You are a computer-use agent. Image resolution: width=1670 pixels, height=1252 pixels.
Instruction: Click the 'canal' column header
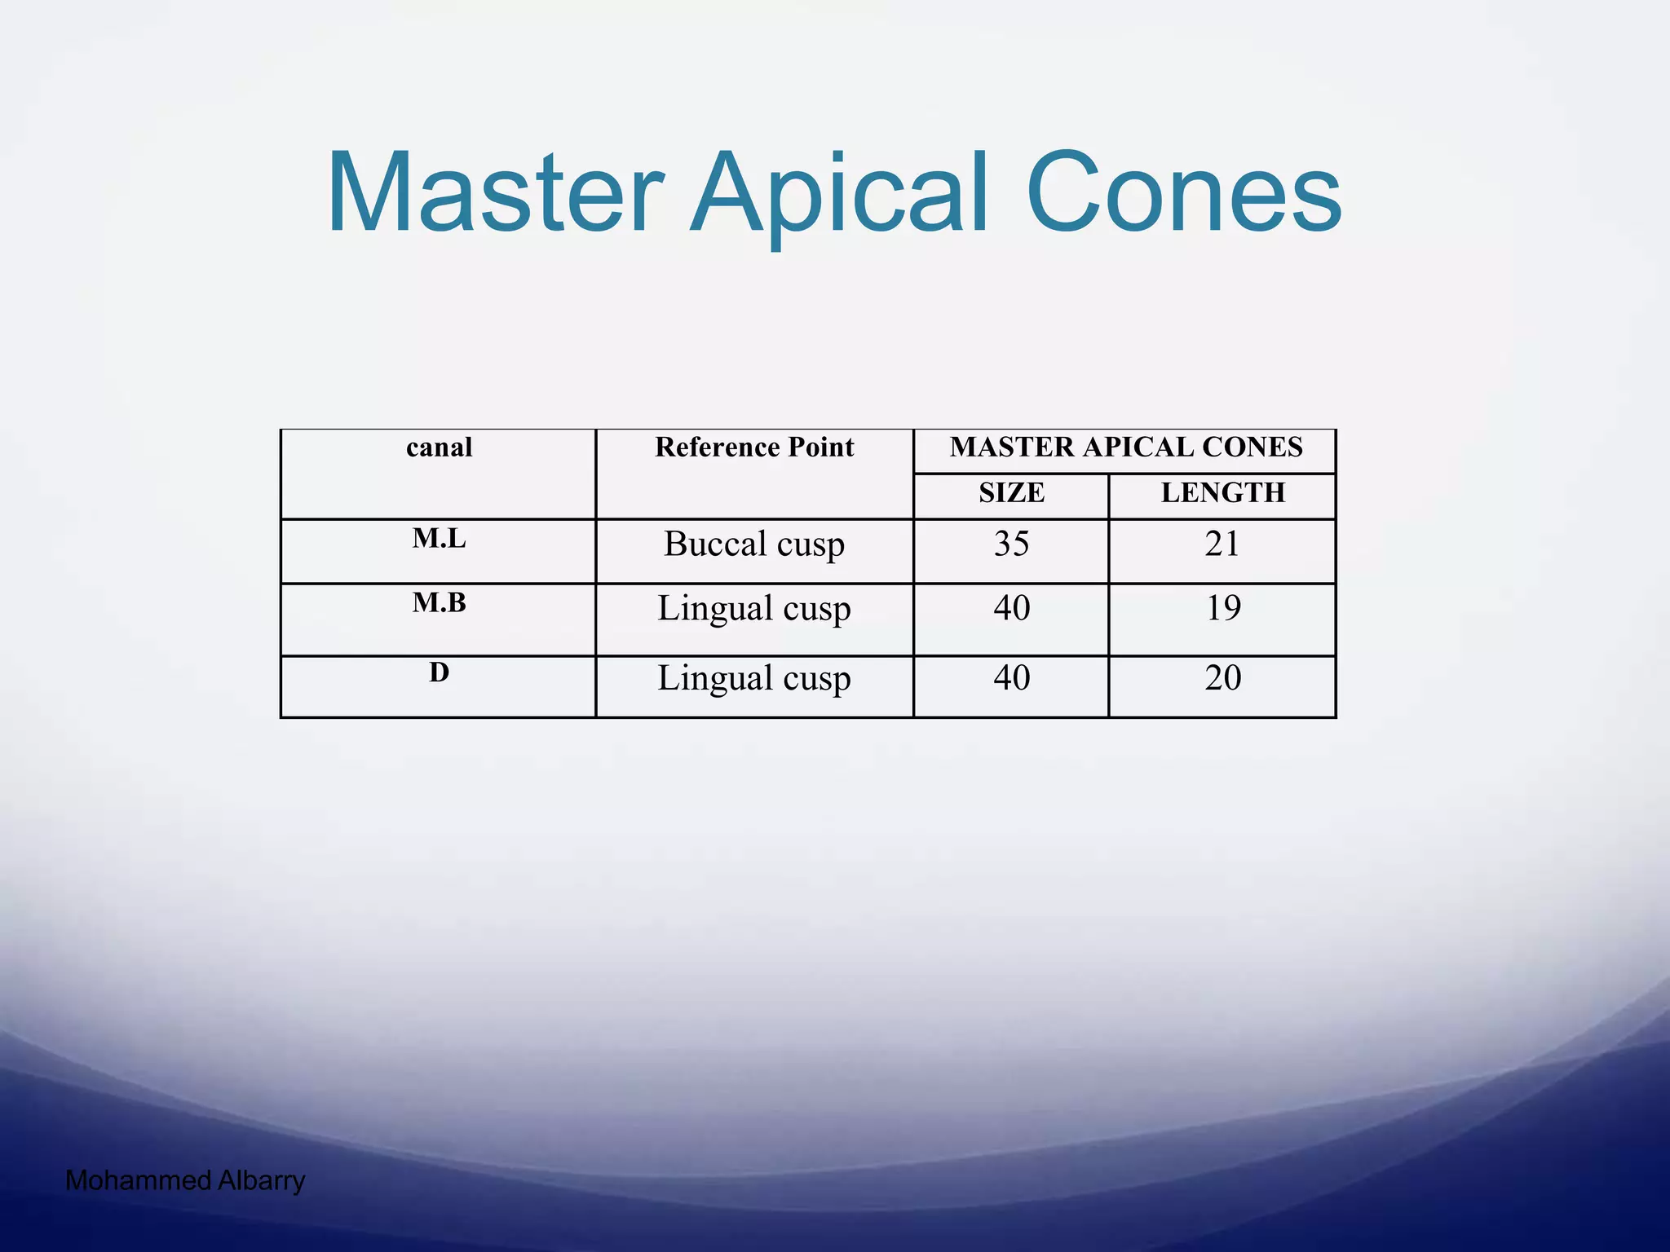point(439,447)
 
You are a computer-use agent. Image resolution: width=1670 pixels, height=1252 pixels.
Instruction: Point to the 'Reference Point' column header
point(754,447)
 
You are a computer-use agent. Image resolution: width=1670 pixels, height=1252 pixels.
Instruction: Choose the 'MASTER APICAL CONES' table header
point(1125,447)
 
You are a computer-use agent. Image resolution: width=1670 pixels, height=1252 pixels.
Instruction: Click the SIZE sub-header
point(1011,493)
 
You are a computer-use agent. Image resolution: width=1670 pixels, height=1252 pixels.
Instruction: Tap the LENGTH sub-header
point(1222,493)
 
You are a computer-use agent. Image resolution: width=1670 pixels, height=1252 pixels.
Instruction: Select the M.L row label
point(439,539)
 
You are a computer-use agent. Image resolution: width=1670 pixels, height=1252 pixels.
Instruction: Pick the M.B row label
point(439,603)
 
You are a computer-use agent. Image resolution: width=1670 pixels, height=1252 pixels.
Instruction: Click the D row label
point(439,673)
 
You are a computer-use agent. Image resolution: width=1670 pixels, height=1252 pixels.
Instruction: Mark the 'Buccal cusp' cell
point(754,544)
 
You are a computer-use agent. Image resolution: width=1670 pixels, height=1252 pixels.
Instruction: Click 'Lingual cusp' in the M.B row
point(754,609)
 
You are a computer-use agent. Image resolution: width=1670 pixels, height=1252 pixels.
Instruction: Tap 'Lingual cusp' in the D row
point(754,679)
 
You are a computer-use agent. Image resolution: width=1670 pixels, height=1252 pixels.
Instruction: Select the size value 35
point(1011,544)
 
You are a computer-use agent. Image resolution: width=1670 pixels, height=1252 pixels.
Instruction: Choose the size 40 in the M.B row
point(1011,609)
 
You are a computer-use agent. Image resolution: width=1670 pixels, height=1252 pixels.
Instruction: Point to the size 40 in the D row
point(1011,679)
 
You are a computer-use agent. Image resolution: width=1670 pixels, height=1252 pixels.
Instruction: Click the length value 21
point(1222,544)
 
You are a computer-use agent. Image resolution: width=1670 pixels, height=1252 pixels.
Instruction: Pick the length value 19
point(1222,609)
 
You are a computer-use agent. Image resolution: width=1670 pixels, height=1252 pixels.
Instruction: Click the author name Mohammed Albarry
point(185,1180)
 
